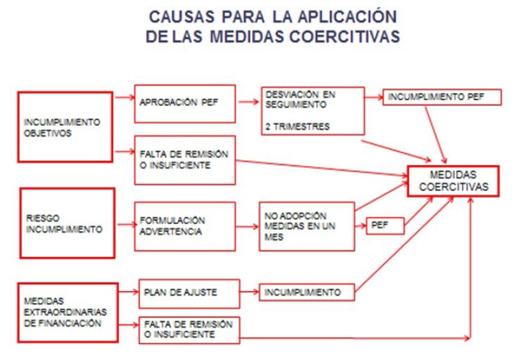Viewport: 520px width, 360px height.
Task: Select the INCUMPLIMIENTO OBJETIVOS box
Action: point(66,126)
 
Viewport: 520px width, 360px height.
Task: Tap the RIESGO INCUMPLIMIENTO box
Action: point(68,223)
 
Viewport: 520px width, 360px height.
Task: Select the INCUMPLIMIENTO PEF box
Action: point(442,97)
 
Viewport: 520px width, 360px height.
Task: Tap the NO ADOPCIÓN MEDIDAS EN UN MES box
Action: point(306,227)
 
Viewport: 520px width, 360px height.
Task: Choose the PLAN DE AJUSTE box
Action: point(189,293)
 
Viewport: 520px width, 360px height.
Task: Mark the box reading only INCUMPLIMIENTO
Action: point(306,293)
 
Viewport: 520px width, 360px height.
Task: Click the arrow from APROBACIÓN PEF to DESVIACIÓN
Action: point(248,101)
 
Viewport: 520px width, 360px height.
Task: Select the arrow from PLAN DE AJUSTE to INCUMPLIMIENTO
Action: point(249,293)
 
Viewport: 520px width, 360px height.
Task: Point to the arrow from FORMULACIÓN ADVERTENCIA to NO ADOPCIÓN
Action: point(247,227)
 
